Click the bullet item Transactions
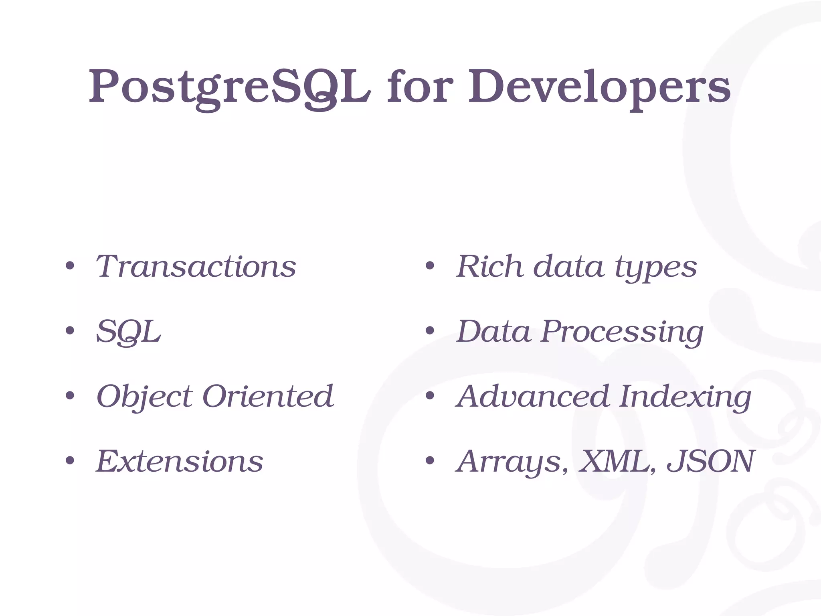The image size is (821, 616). click(196, 266)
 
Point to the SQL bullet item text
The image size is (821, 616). click(128, 332)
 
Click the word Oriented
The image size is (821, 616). click(268, 396)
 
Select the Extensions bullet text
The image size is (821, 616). click(180, 461)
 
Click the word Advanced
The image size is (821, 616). click(533, 396)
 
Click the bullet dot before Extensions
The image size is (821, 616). click(70, 461)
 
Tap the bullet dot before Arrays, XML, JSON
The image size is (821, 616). click(430, 461)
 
